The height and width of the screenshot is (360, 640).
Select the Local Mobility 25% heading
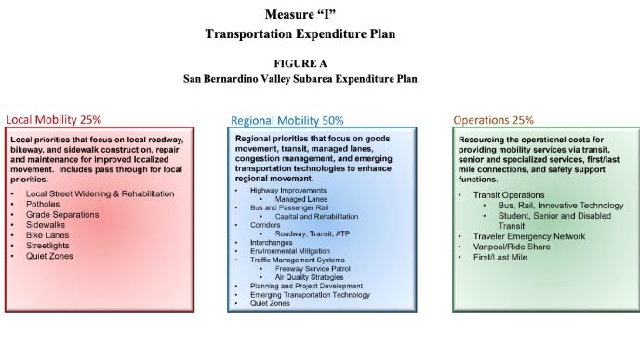54,120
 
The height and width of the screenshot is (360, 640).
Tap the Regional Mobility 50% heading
287,121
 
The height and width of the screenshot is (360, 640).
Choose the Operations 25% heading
494,120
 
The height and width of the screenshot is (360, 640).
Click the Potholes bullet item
44,205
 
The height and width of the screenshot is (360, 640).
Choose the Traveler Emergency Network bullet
527,236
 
